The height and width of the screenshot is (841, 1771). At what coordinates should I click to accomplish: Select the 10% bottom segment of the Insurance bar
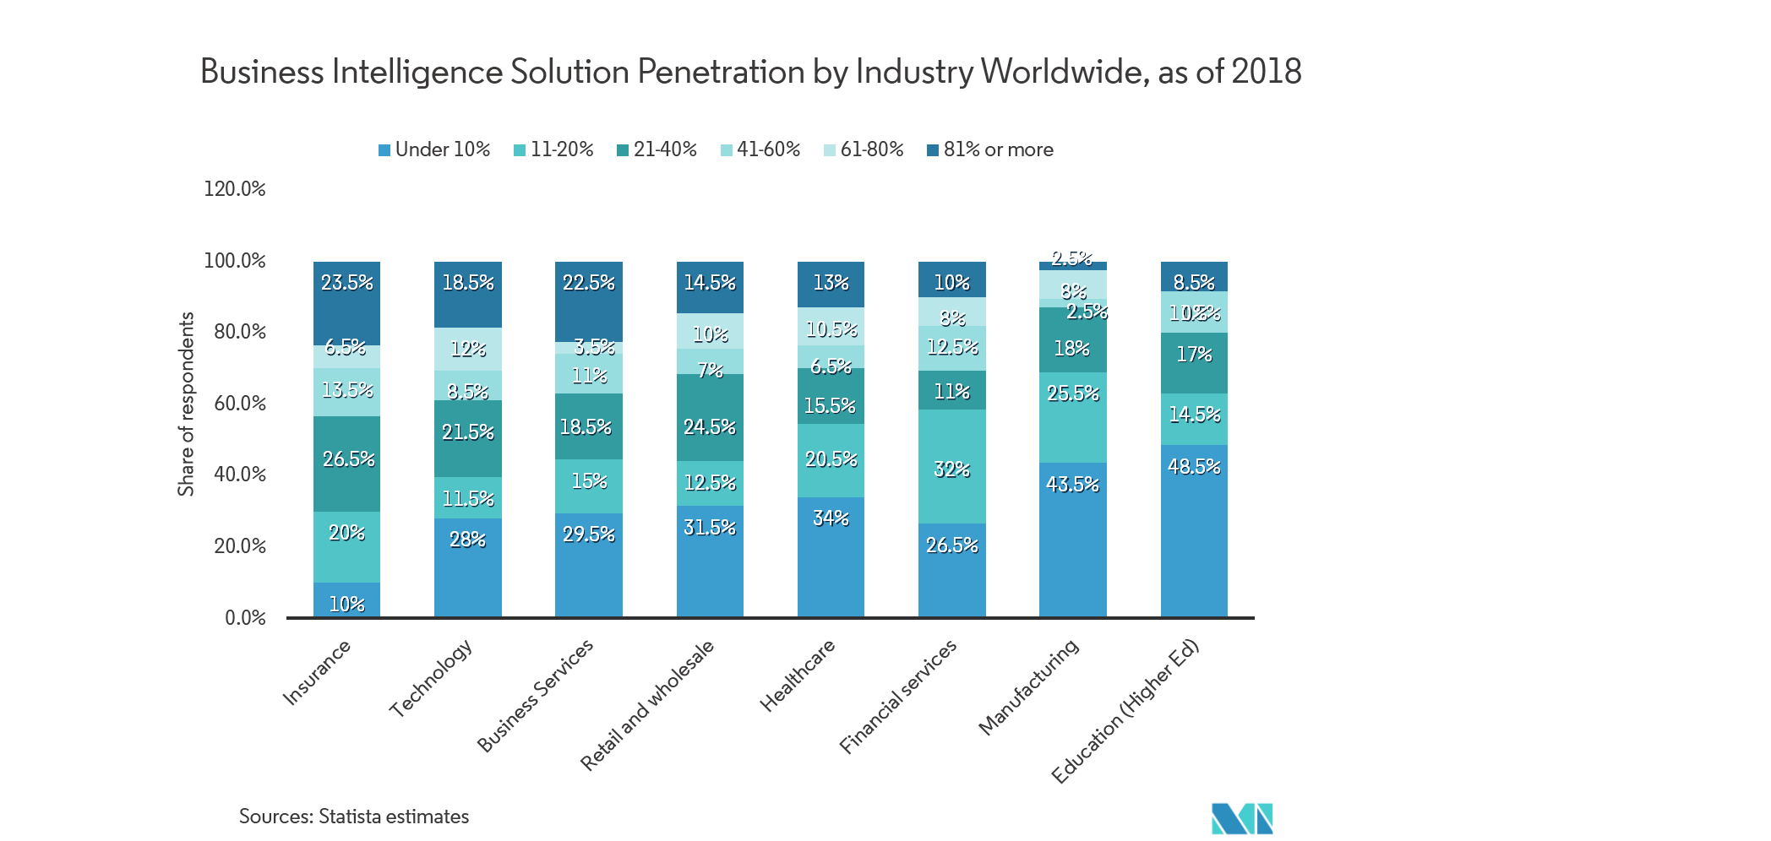(x=346, y=600)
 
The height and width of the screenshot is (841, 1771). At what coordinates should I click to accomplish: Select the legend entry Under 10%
(x=434, y=149)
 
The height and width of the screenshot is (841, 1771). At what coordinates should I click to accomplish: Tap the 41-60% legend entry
(x=760, y=149)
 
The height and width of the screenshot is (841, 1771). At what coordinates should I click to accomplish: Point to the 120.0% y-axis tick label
(x=234, y=188)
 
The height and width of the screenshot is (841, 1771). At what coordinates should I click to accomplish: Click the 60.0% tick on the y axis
(x=239, y=403)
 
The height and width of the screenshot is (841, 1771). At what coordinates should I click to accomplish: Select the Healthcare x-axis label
(x=798, y=676)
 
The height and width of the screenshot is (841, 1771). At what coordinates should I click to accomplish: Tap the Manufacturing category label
(x=1029, y=686)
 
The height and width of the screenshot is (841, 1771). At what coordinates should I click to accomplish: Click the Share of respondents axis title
(x=186, y=404)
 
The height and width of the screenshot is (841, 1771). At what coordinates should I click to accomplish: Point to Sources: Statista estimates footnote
(x=353, y=817)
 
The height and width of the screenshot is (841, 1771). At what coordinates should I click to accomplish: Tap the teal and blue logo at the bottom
(x=1242, y=818)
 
